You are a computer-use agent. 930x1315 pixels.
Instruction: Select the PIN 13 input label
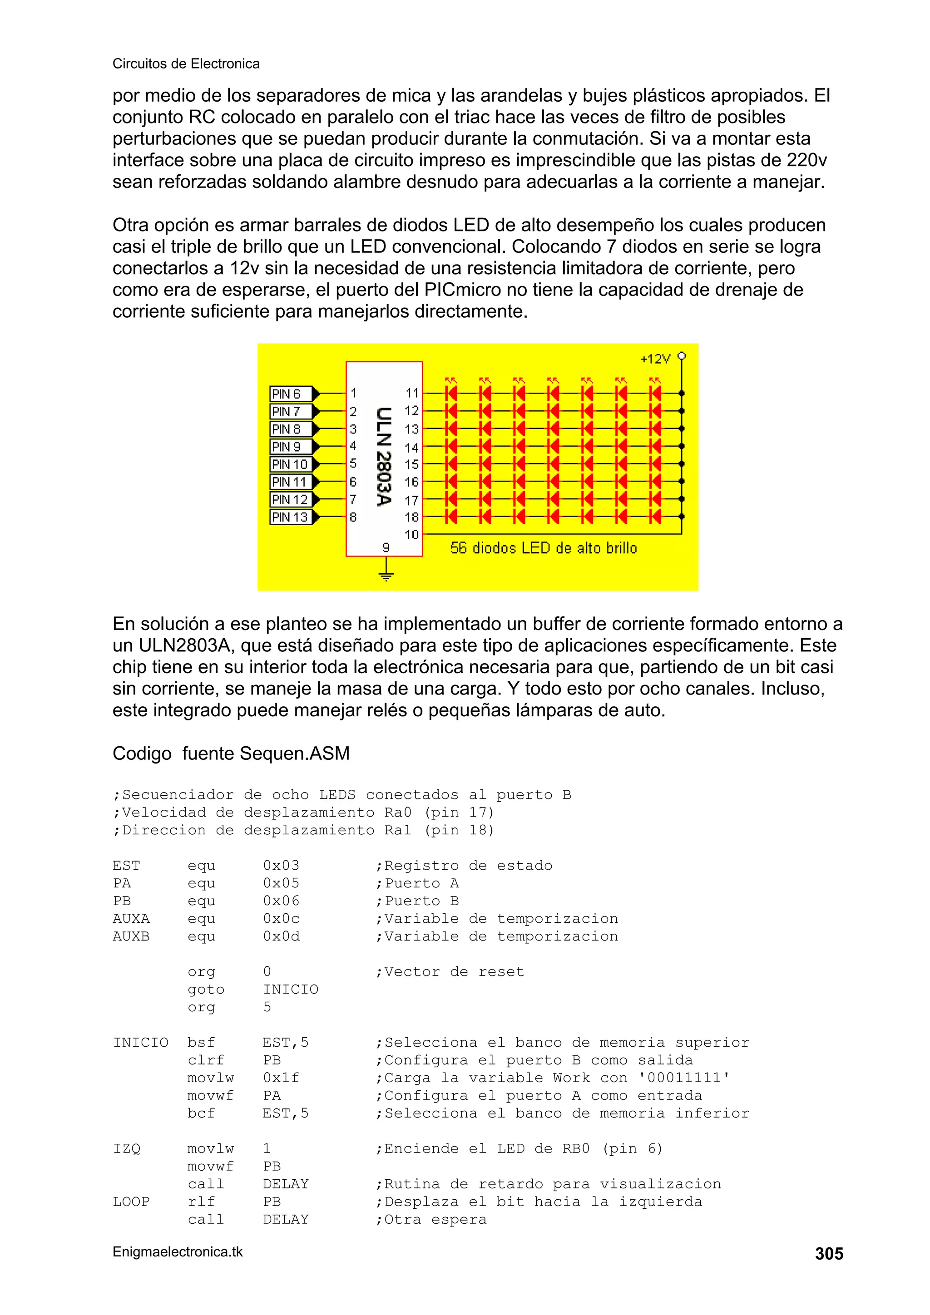(291, 517)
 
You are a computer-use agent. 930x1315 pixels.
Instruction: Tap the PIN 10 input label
(291, 464)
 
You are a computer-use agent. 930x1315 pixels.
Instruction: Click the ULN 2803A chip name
(383, 457)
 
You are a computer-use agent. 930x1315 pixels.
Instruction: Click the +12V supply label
(655, 359)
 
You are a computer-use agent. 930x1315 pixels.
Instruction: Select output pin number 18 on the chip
(411, 517)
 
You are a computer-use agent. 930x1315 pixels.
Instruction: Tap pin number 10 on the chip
(411, 535)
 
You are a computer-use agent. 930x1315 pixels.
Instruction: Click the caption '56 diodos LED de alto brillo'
(543, 548)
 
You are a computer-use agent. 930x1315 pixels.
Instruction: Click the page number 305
(829, 1254)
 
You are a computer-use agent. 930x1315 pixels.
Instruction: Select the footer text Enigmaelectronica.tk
(178, 1252)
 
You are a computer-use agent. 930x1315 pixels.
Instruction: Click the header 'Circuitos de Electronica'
(186, 64)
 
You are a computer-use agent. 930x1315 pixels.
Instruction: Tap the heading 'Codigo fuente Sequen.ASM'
(231, 754)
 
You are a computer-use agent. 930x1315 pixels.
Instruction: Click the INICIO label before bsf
(140, 1042)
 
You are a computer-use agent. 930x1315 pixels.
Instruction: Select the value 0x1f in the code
(281, 1078)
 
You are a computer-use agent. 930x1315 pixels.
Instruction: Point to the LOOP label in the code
(131, 1202)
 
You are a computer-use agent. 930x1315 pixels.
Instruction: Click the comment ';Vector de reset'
(449, 972)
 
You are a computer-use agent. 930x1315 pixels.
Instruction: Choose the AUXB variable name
(131, 936)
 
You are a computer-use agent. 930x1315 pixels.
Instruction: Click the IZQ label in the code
(127, 1149)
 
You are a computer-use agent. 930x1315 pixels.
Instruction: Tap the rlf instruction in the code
(201, 1202)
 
